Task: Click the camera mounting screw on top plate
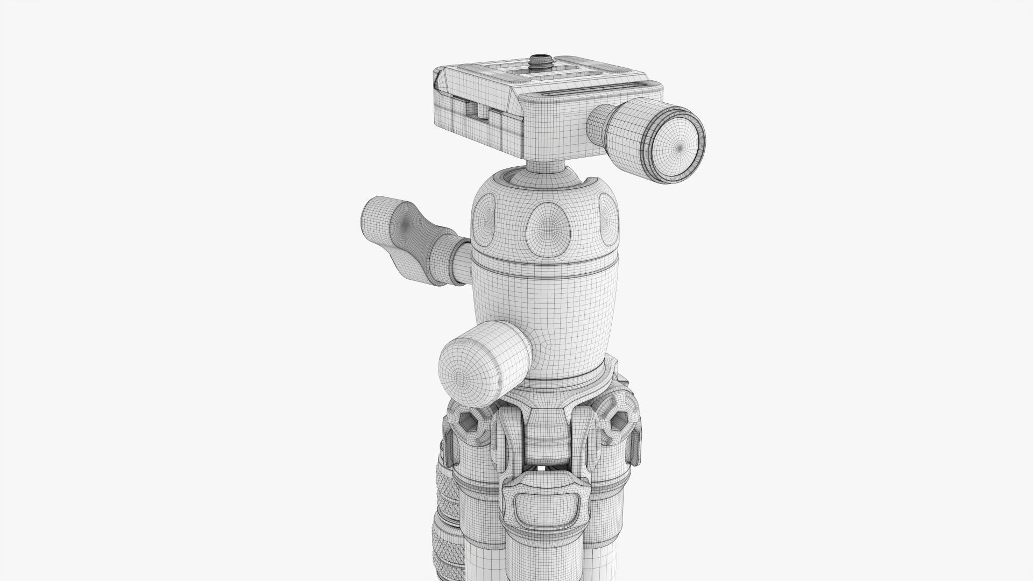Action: tap(536, 59)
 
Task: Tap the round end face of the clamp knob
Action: tap(679, 146)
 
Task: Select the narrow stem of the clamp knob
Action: tap(598, 126)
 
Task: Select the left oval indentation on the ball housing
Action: tap(484, 218)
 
